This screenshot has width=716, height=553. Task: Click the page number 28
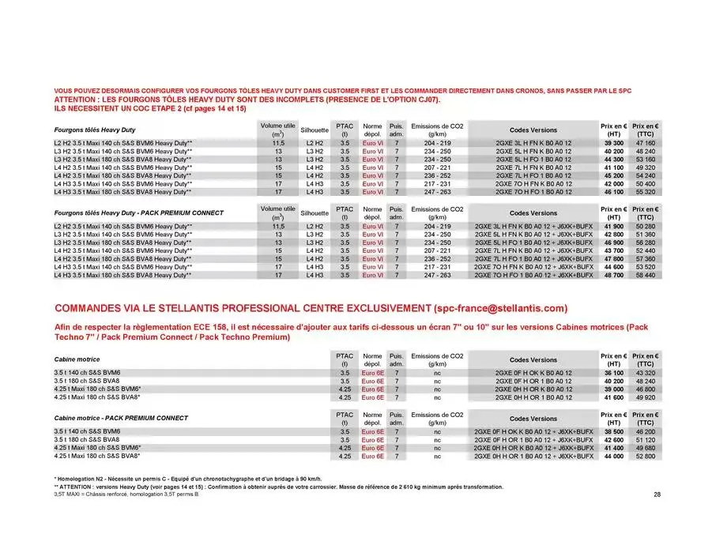[657, 495]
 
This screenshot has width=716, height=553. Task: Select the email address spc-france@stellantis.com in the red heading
[500, 307]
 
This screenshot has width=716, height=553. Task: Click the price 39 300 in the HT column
[613, 143]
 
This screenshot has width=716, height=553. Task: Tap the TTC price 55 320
[645, 192]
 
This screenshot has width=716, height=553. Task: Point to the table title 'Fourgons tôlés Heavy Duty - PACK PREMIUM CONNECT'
[138, 213]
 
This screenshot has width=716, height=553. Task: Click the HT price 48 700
[613, 276]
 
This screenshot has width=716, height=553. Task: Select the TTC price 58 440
[645, 276]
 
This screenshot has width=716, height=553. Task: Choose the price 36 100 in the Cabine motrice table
[613, 372]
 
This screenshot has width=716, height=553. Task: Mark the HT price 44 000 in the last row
[613, 456]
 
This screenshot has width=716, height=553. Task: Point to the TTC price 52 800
[645, 456]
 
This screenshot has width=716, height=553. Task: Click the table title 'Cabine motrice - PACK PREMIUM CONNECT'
[121, 418]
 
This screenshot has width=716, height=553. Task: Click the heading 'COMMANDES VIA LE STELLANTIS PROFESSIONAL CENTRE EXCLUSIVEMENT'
[243, 307]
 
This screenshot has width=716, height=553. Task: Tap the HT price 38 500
[613, 432]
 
